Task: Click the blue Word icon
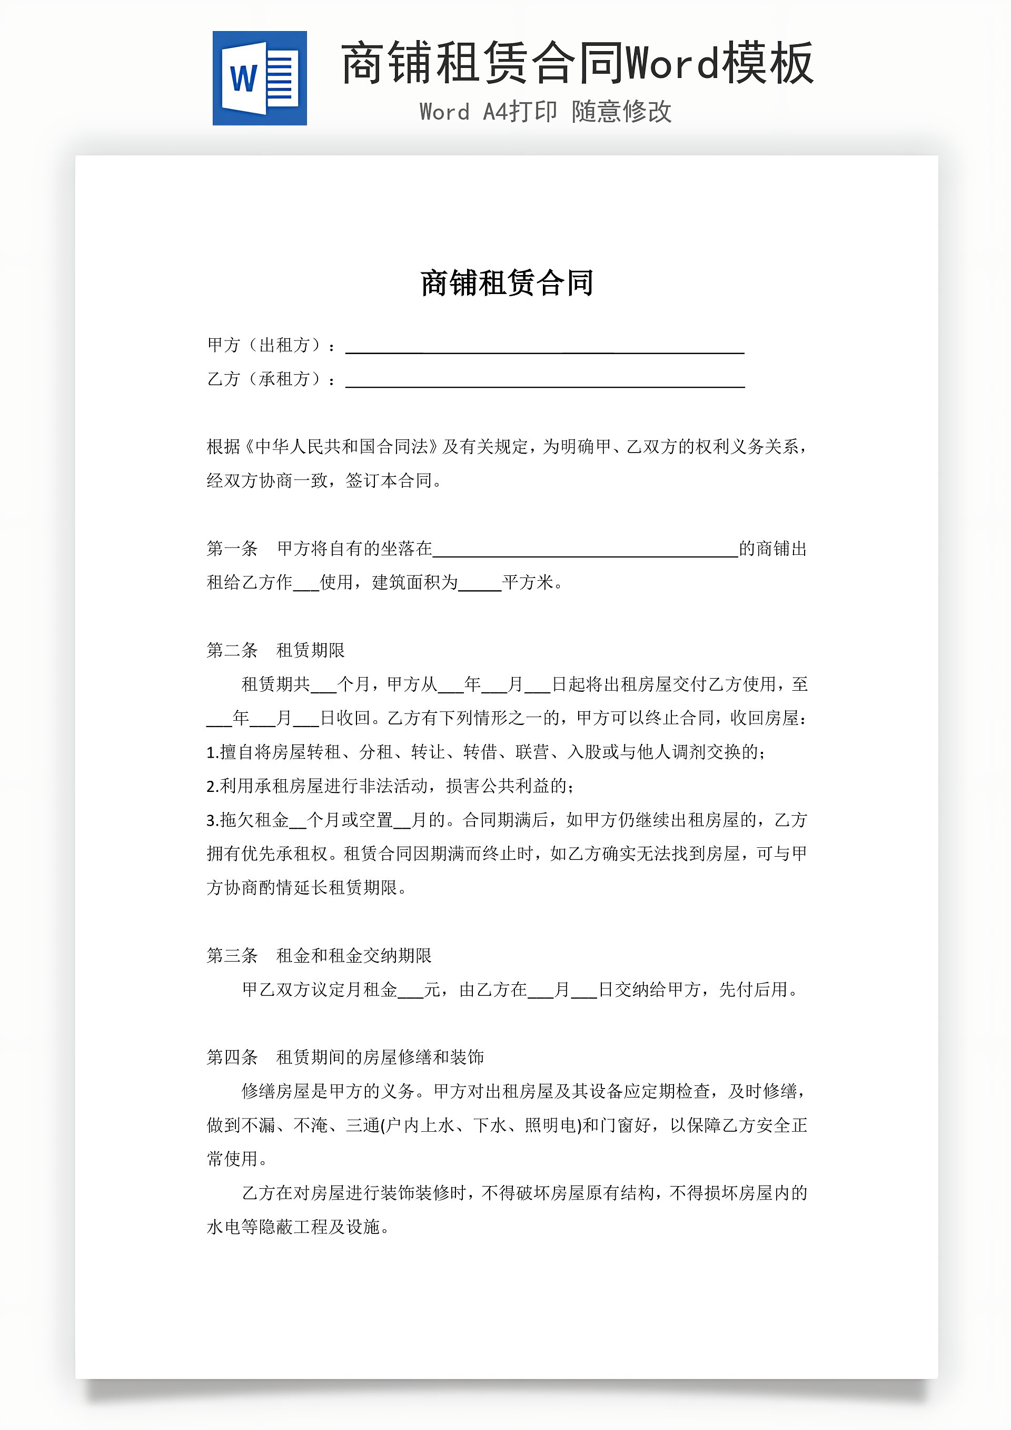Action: (260, 79)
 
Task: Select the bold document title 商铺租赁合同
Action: (507, 283)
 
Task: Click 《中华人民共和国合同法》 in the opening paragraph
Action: (341, 447)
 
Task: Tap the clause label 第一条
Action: (232, 549)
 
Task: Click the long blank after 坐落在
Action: (585, 550)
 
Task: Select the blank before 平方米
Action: (479, 584)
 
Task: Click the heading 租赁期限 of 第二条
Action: (310, 650)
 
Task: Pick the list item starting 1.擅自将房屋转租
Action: (485, 752)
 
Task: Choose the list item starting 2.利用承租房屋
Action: (390, 786)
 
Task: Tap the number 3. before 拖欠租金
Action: (212, 820)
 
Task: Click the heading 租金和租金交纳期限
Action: (354, 955)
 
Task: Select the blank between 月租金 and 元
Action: (410, 991)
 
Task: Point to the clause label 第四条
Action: (232, 1057)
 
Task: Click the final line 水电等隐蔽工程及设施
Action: (297, 1227)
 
